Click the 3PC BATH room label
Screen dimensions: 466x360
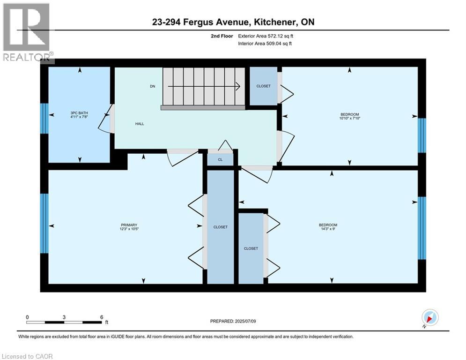point(79,113)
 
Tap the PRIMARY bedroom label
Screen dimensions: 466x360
point(129,225)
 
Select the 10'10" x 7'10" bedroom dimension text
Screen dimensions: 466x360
point(350,119)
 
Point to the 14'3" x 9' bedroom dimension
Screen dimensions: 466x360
point(328,229)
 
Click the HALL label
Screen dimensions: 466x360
point(140,124)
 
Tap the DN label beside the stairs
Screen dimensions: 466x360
point(153,86)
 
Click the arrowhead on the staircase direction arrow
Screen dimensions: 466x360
point(238,86)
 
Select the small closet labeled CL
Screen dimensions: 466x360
point(220,159)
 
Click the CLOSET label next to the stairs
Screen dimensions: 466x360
point(264,86)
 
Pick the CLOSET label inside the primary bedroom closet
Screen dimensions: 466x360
point(221,227)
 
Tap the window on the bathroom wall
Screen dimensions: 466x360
point(44,119)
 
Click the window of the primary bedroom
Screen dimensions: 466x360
point(44,224)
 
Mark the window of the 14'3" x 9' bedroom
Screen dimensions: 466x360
point(422,228)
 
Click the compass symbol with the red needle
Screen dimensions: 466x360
point(430,317)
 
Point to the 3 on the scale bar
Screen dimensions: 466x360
point(64,317)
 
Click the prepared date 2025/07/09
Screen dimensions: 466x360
point(245,321)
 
